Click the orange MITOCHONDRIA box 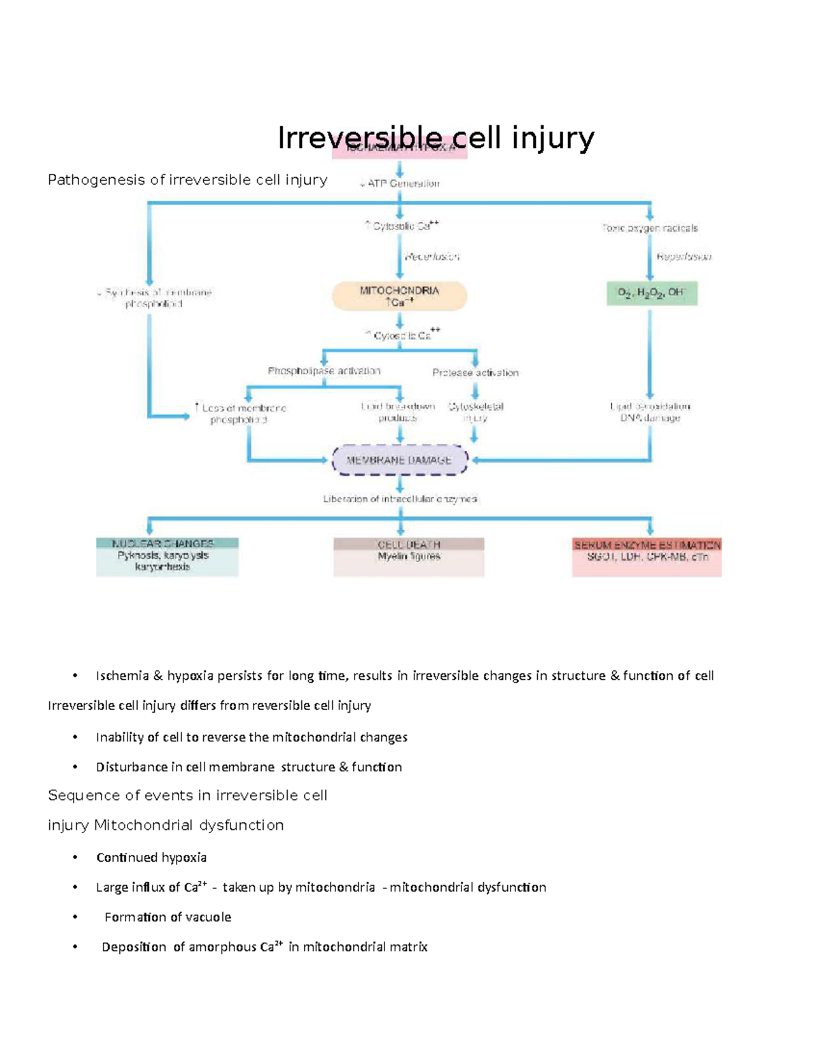point(399,296)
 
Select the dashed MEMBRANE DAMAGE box point(399,460)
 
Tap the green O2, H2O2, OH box point(652,293)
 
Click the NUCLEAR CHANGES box point(167,557)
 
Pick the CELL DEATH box point(409,557)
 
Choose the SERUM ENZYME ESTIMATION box point(647,557)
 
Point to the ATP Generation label point(400,183)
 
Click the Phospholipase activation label point(324,371)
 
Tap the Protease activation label point(475,373)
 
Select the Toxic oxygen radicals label point(650,228)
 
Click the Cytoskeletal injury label point(475,412)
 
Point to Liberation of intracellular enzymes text point(400,499)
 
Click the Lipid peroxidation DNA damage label point(650,412)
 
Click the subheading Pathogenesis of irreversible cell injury point(187,180)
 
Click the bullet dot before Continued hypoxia point(75,857)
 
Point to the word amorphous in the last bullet point(222,947)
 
